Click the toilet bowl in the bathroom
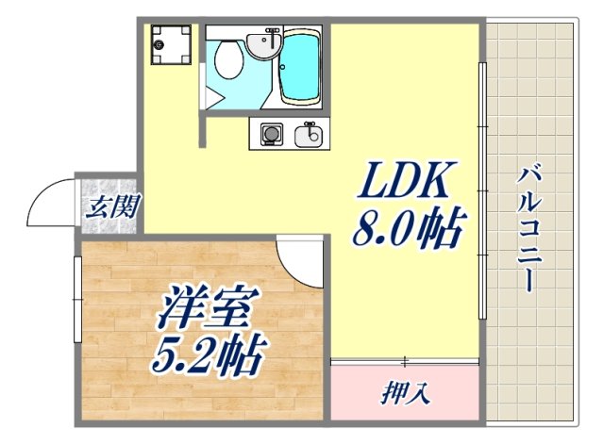tap(227, 61)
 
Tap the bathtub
tap(299, 69)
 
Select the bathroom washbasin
tap(260, 42)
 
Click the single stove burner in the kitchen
tap(270, 136)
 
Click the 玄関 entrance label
tap(109, 206)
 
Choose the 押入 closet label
tap(406, 390)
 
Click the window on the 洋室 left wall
tap(76, 299)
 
